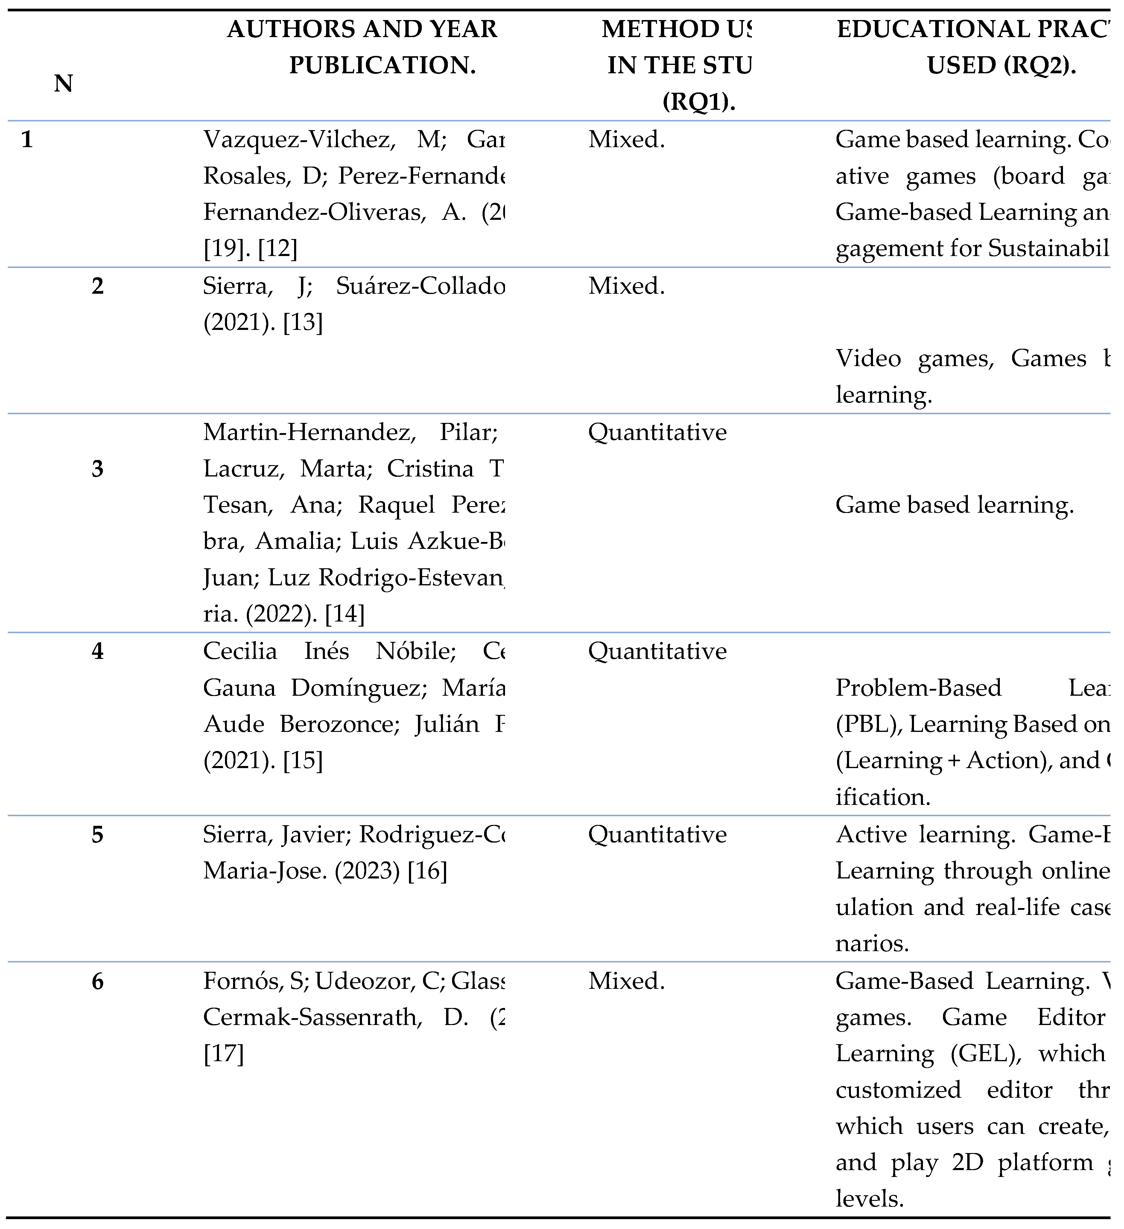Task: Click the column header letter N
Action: pos(63,83)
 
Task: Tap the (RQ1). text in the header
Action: pos(699,102)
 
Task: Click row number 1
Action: pos(27,140)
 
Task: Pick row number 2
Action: pos(98,286)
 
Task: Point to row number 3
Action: pos(98,469)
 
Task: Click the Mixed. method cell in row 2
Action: pos(626,286)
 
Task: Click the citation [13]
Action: pos(302,322)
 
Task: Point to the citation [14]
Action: pos(345,614)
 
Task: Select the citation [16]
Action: pos(427,871)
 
